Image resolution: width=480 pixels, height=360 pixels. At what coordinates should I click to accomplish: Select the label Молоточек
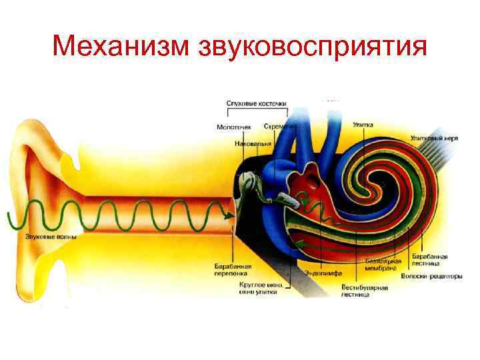click(234, 127)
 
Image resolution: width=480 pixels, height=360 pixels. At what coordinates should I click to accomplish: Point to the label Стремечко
click(280, 126)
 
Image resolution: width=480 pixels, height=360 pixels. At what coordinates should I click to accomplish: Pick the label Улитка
click(363, 125)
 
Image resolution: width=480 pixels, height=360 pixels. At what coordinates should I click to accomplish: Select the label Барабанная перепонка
click(233, 269)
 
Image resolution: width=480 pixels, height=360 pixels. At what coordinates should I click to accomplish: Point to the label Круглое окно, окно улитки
click(261, 287)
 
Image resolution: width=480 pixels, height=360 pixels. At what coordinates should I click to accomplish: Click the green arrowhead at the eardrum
click(228, 215)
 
